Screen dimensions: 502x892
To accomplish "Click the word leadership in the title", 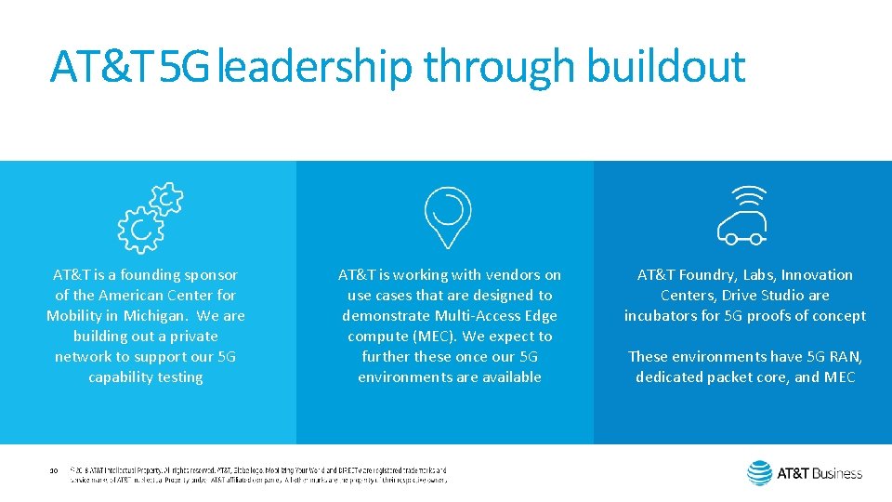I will [x=316, y=67].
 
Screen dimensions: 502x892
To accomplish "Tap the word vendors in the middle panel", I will [x=504, y=274].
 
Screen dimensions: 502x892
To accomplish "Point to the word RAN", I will [x=843, y=356].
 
